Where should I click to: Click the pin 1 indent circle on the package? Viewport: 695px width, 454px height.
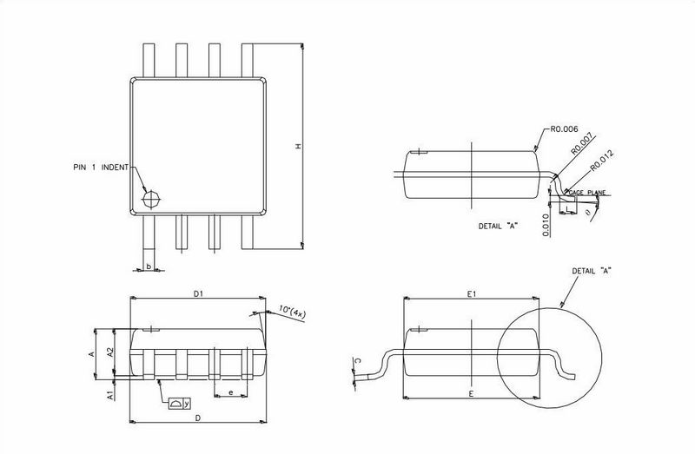(152, 198)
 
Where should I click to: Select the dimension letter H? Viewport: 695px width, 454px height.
(295, 148)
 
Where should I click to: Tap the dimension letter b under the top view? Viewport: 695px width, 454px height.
(149, 266)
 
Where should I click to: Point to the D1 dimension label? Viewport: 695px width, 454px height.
(197, 294)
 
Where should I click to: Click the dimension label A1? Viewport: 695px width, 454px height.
(110, 395)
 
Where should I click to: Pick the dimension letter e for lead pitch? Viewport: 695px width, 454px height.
(229, 394)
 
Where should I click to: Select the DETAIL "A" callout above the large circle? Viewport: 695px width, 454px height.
(592, 271)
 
